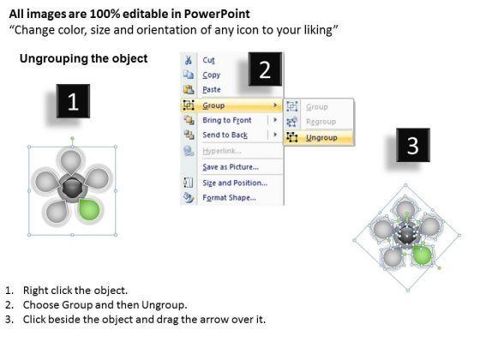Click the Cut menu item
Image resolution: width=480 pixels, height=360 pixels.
[x=208, y=60]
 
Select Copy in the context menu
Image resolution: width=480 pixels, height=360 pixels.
[x=211, y=75]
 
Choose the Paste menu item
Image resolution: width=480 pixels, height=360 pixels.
[x=212, y=90]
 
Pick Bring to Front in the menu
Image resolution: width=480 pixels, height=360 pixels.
[x=227, y=120]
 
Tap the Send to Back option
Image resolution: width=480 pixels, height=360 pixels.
[x=225, y=135]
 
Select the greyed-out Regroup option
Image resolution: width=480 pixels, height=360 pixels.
[x=321, y=122]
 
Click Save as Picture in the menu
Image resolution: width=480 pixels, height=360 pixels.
[x=231, y=167]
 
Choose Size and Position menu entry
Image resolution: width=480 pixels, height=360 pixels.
[x=235, y=183]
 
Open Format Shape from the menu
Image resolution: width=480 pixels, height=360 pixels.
[x=229, y=198]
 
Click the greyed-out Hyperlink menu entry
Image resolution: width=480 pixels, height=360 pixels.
[x=222, y=151]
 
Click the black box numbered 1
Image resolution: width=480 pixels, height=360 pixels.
[x=73, y=101]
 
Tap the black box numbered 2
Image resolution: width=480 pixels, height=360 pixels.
[x=265, y=69]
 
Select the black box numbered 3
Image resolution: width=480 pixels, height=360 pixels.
[x=413, y=145]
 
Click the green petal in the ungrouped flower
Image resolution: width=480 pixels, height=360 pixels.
[x=422, y=255]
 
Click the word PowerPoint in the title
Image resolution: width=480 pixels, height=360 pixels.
[x=217, y=14]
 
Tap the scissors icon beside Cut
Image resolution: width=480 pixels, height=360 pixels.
[x=189, y=60]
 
